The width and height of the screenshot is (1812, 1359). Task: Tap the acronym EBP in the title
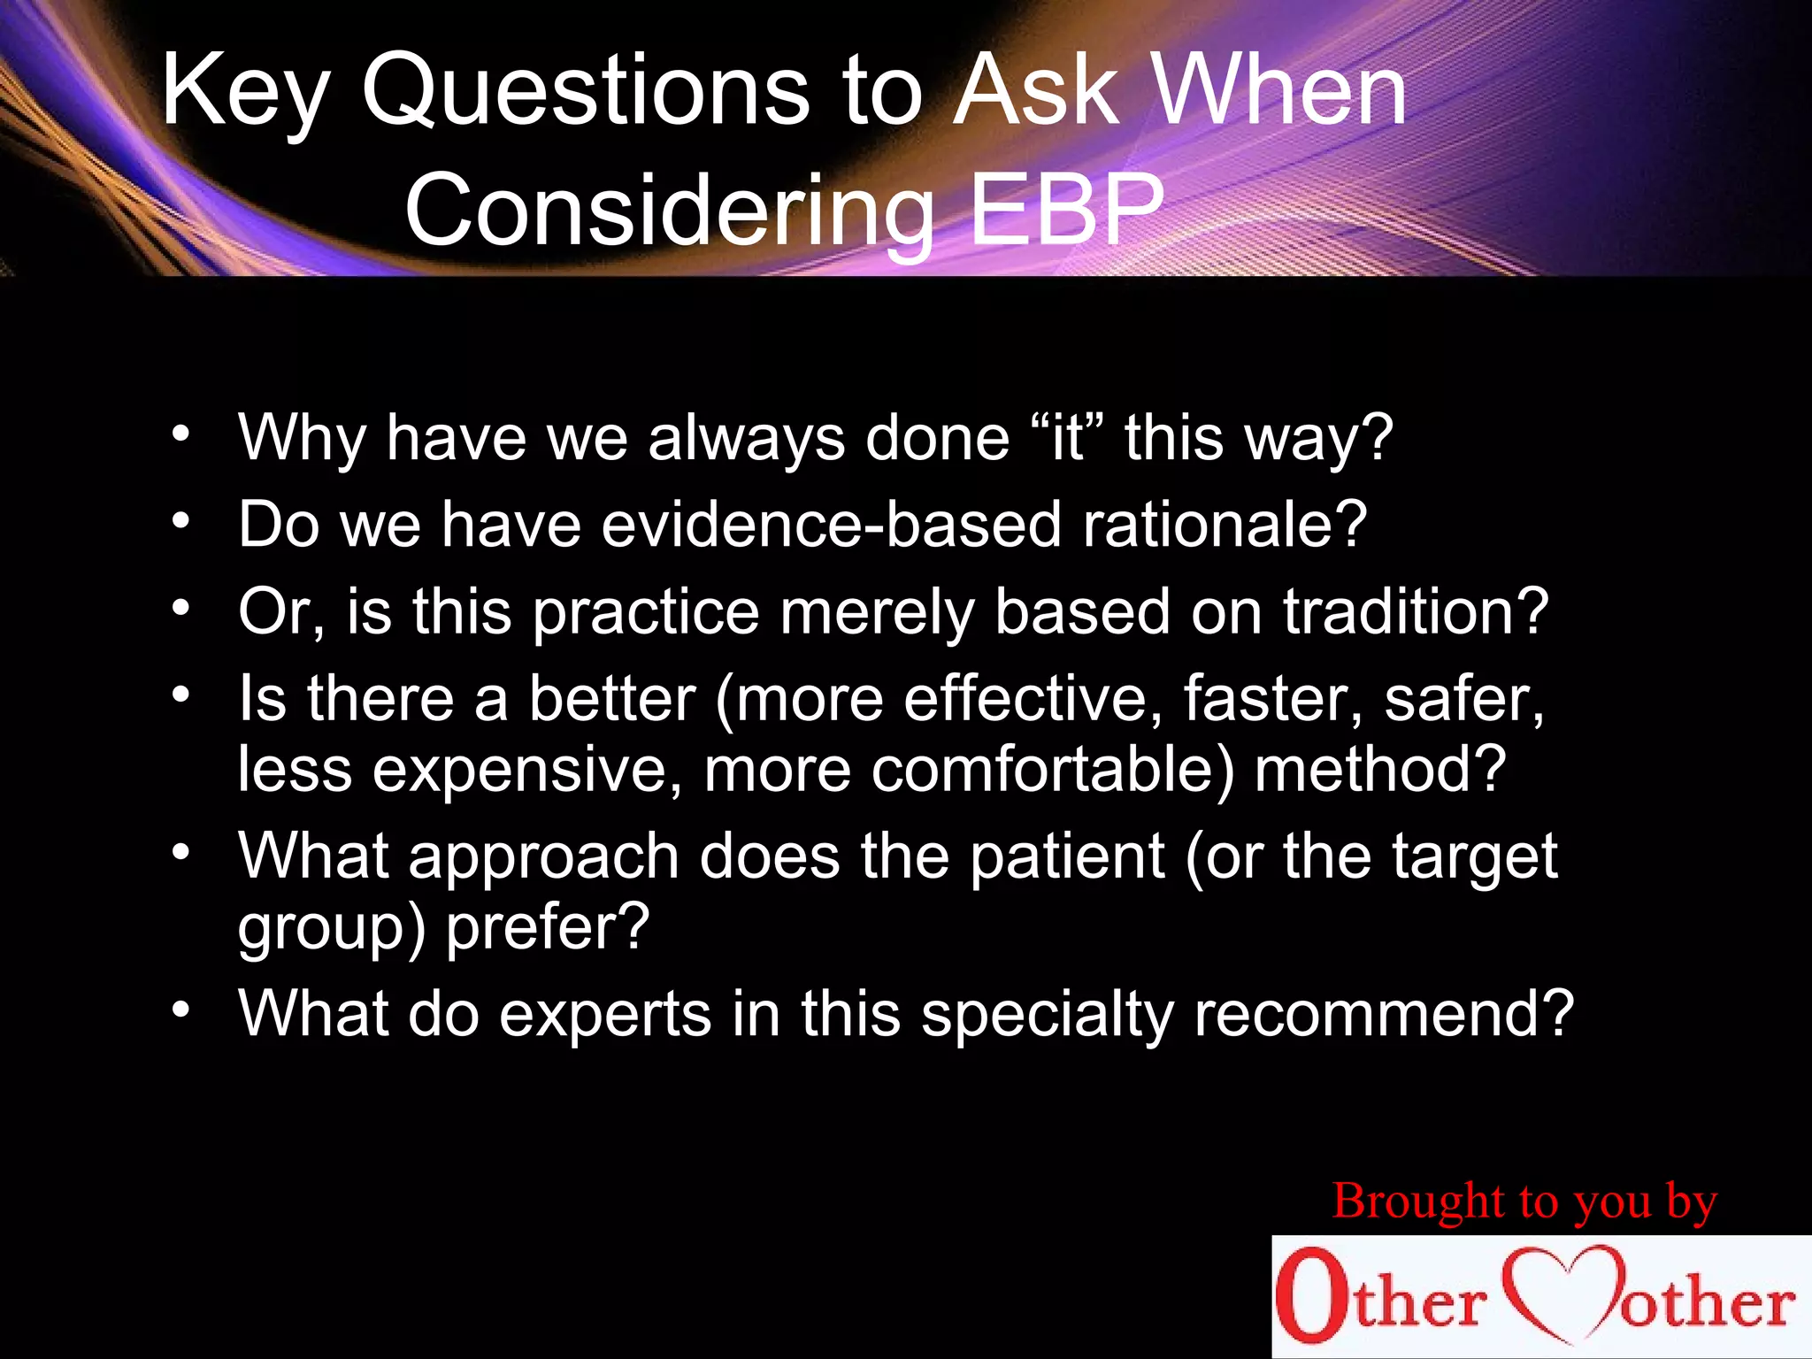1065,211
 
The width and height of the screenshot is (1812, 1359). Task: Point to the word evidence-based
831,524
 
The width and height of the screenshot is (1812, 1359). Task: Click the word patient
1067,856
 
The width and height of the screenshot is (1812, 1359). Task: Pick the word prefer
547,927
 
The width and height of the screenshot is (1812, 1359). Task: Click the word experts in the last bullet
605,1013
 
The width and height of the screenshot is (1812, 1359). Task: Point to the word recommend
1383,1013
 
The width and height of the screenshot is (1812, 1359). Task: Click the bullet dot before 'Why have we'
181,434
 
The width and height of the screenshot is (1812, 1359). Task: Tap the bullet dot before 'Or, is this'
181,608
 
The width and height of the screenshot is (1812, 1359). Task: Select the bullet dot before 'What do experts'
181,1010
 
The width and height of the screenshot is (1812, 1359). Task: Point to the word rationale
1225,524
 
